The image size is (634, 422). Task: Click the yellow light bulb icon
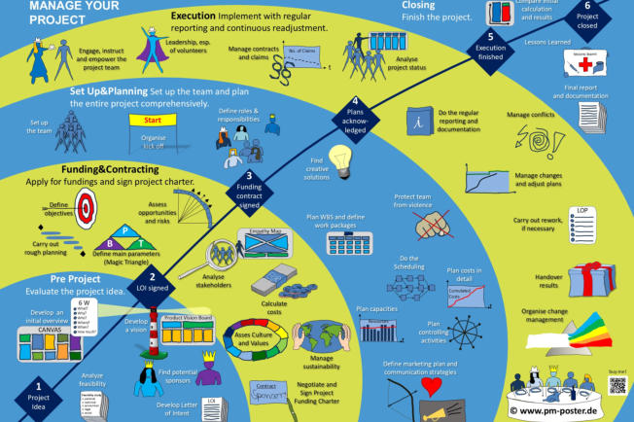tap(339, 157)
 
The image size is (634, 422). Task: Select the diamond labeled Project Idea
tap(39, 396)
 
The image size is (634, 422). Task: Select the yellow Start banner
tap(152, 122)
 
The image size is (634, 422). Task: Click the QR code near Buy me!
tap(616, 384)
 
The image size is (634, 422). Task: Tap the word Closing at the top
tap(418, 5)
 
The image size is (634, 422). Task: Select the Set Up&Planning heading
tap(121, 90)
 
